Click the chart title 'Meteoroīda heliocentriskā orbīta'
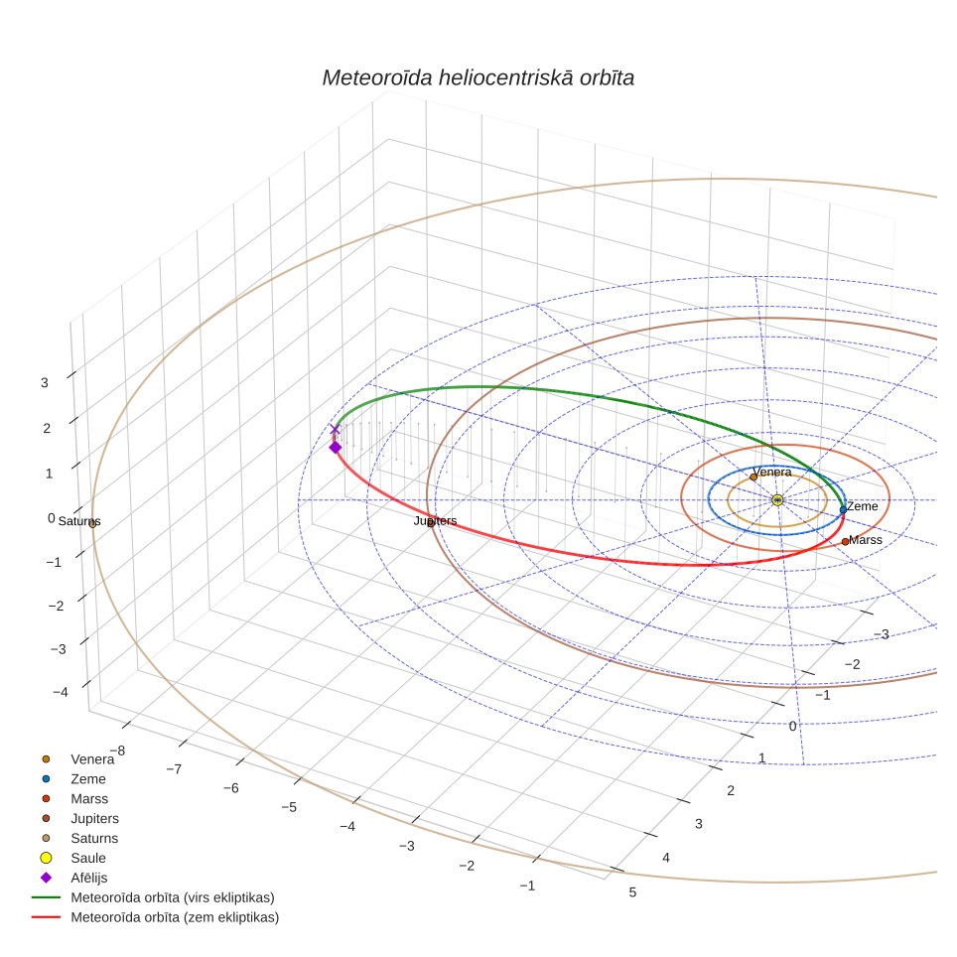click(478, 77)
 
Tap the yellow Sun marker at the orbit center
click(777, 500)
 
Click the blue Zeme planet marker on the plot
click(843, 509)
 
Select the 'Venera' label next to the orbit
click(772, 472)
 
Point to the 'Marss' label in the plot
click(866, 539)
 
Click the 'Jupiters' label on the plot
click(435, 520)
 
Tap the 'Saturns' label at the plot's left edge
click(79, 521)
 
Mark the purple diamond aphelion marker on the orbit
click(336, 448)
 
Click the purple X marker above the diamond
click(335, 429)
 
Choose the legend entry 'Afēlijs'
click(89, 878)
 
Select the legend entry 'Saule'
click(88, 858)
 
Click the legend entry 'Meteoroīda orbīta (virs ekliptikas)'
click(173, 897)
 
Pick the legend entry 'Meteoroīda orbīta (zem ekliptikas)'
click(175, 917)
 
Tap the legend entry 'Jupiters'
click(94, 818)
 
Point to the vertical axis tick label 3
click(45, 382)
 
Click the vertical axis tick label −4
click(61, 692)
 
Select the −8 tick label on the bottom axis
click(117, 751)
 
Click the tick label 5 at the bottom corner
click(633, 892)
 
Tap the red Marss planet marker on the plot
click(845, 541)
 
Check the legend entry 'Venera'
click(92, 759)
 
